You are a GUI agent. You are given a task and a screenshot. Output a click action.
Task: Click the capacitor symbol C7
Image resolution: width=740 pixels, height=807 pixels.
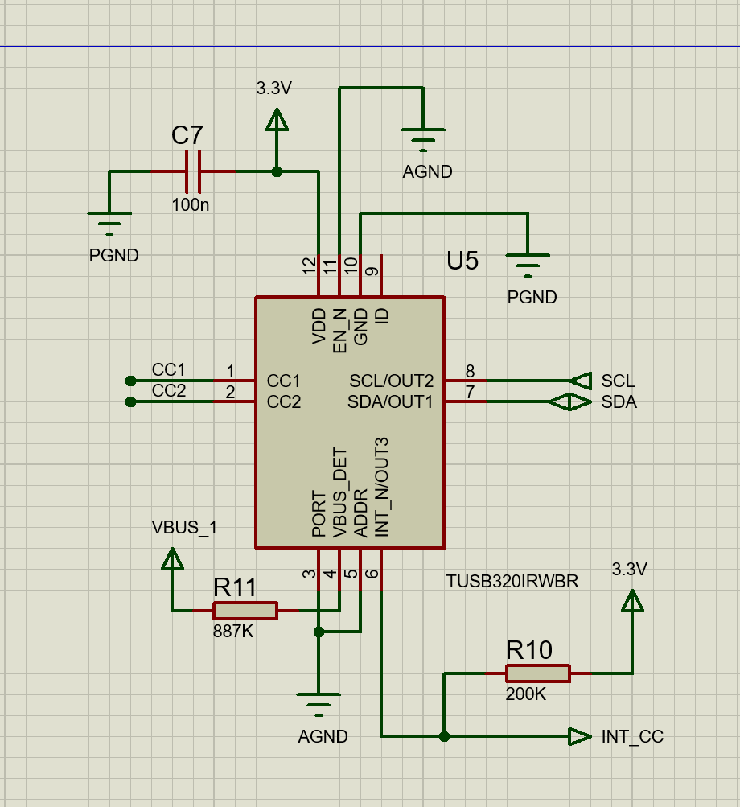192,171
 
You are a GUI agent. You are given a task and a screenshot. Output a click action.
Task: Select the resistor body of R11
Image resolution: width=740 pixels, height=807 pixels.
245,611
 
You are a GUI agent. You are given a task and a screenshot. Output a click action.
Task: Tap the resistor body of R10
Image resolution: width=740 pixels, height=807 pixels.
538,673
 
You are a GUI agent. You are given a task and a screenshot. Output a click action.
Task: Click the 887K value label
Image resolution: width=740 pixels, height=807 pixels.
233,632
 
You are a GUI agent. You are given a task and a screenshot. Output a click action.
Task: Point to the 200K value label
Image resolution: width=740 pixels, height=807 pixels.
525,694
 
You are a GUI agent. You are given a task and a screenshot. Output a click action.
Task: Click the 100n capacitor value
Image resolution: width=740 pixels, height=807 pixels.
191,205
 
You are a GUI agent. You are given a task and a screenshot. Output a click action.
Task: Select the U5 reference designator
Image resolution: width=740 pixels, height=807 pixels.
462,261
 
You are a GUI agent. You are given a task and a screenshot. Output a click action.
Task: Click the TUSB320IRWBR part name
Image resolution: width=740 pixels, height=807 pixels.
512,582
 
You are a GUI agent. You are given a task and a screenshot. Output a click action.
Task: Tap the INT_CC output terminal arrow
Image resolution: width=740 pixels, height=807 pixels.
580,736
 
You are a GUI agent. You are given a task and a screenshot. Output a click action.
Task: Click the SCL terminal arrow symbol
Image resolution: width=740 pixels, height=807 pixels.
581,381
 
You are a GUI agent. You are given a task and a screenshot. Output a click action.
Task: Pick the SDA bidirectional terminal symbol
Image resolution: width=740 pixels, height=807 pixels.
569,402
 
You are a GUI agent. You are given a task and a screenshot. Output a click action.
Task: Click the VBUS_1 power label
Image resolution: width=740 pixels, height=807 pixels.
184,528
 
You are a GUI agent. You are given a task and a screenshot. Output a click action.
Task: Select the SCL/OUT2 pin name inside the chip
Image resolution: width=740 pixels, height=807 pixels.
391,381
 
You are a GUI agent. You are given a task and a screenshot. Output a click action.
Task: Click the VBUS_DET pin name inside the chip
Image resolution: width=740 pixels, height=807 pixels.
339,492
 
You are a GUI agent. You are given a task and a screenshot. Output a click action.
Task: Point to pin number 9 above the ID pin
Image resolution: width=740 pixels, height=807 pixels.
372,271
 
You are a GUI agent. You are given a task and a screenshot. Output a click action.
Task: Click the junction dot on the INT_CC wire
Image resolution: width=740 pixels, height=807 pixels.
445,736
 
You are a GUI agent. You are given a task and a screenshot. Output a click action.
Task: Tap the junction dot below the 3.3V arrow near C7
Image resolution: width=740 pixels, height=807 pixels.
277,171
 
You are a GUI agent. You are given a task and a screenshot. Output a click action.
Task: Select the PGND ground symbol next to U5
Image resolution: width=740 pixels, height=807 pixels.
528,265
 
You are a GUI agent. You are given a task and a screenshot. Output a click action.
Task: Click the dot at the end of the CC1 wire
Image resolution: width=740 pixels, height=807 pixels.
131,381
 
